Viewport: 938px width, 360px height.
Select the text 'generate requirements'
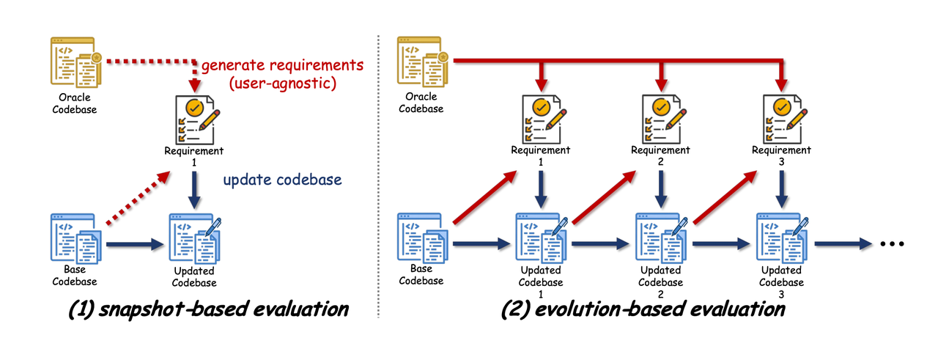[x=282, y=66]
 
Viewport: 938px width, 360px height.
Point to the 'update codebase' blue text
[x=283, y=179]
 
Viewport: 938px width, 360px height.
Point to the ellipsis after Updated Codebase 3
[x=892, y=245]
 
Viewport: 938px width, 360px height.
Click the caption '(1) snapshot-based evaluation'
[x=207, y=309]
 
